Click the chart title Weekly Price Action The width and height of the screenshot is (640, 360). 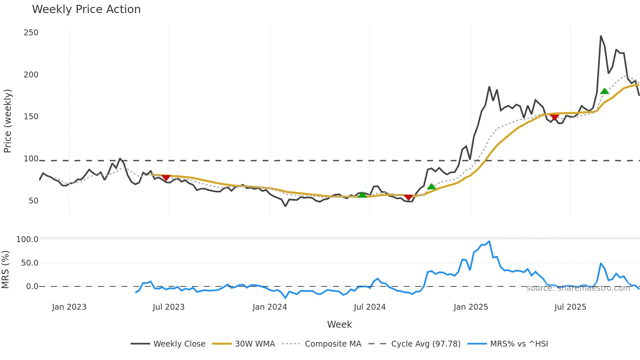pos(86,9)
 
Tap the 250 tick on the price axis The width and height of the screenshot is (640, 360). pos(31,33)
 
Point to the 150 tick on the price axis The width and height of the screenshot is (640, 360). pos(31,117)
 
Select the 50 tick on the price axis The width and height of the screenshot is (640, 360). pos(33,201)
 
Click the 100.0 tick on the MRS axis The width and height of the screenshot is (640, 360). pos(27,239)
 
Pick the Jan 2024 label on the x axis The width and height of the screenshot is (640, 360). pos(270,307)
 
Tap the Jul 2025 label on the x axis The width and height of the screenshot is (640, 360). pos(570,307)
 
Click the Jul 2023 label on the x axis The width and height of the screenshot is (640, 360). pos(168,307)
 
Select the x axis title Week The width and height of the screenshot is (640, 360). pos(339,324)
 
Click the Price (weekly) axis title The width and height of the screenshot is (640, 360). pos(8,121)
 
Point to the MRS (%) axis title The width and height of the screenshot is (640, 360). pos(6,270)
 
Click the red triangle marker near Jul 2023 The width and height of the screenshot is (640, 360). pos(166,178)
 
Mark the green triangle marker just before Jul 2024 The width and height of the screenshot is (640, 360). pos(362,195)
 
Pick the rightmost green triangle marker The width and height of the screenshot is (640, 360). pos(604,91)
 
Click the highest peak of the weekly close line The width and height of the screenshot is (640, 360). pos(601,36)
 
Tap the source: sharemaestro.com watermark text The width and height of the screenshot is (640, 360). pos(578,288)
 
